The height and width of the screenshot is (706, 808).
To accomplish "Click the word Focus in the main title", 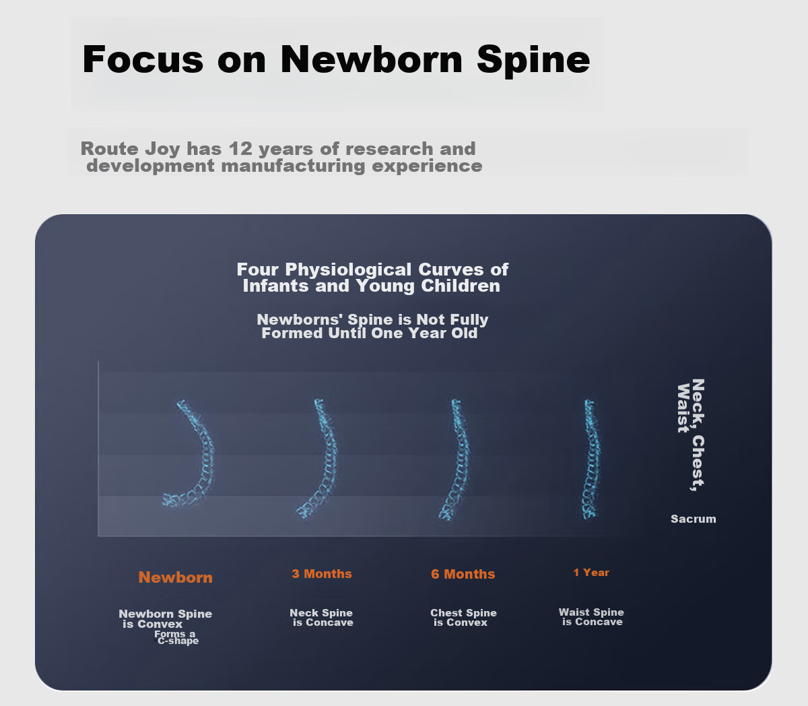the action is [143, 59].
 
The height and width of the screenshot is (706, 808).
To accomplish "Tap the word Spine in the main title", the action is [533, 61].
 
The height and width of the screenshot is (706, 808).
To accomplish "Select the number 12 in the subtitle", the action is [240, 149].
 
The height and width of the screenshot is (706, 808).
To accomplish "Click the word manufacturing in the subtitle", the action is [293, 166].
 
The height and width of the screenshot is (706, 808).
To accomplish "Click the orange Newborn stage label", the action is [175, 577].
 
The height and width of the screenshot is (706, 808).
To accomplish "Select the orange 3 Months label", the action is [321, 574].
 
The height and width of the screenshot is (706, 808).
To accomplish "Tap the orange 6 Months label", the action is [463, 574].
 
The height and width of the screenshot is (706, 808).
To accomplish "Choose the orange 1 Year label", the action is [591, 573].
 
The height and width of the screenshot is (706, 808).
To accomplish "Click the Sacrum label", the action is [693, 519].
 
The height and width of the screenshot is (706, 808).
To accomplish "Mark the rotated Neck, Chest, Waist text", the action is [691, 435].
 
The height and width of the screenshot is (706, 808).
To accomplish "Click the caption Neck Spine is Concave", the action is [321, 618].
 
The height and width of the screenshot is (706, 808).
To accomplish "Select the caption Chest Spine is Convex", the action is [463, 618].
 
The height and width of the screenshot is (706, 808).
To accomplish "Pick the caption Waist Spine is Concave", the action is [591, 616].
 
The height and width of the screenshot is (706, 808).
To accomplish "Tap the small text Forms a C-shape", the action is [176, 637].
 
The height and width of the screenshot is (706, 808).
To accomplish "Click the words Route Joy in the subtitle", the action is [131, 150].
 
